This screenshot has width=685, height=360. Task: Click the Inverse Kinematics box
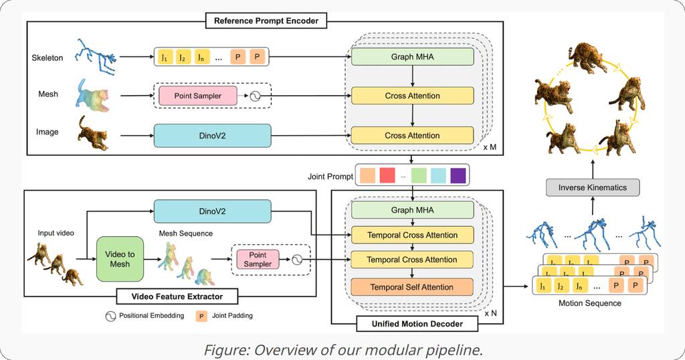[593, 187]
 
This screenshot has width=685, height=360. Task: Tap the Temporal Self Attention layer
[412, 287]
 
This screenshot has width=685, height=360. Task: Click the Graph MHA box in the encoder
[412, 57]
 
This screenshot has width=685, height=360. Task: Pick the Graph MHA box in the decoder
[412, 210]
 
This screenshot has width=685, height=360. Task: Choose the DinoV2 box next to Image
[212, 135]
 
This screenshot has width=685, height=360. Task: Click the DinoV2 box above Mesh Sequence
[212, 211]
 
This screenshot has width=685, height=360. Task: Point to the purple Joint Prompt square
[458, 176]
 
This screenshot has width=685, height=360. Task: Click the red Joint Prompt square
[387, 176]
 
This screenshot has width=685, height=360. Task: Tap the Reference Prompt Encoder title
[266, 21]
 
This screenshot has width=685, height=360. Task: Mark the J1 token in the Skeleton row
[164, 57]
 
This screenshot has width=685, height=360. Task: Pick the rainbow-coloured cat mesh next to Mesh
[94, 94]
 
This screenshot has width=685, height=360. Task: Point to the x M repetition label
[490, 146]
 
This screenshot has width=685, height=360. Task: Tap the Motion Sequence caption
[589, 303]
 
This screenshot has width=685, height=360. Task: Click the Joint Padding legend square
[199, 315]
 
